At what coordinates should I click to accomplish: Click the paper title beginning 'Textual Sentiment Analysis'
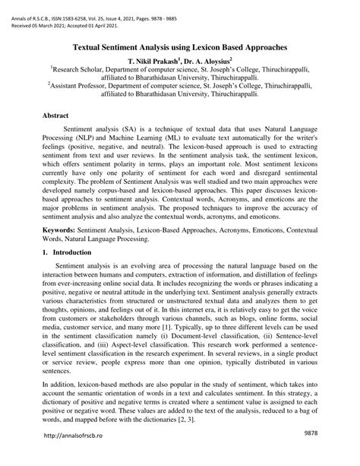point(180,46)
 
